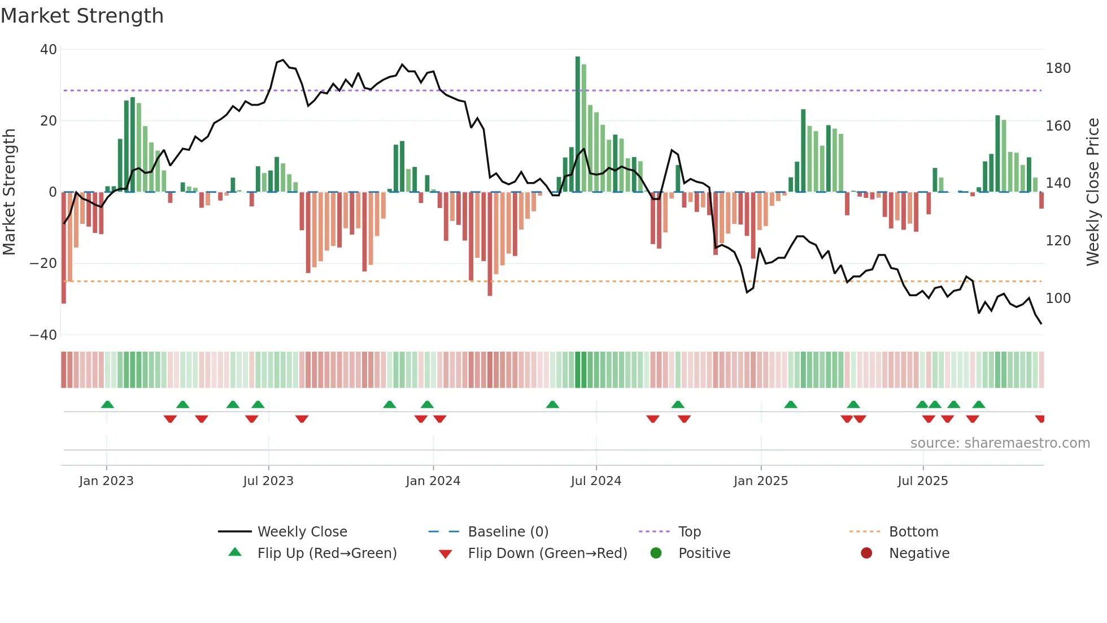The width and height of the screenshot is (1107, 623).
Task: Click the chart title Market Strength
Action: tap(82, 16)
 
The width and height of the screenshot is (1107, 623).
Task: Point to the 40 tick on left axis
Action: tap(49, 50)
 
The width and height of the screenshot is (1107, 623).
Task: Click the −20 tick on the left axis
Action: tap(43, 263)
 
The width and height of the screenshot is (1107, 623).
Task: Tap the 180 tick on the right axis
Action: tap(1058, 68)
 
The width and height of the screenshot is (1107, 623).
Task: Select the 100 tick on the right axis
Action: tap(1058, 298)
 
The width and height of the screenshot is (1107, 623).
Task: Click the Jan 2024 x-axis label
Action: tap(433, 481)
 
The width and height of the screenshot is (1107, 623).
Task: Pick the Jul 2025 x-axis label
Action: tap(922, 481)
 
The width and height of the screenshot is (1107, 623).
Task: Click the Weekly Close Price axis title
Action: tap(1093, 192)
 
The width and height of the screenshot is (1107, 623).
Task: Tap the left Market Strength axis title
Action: tap(9, 192)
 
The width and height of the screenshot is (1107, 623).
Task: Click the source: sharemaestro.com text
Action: tap(1000, 443)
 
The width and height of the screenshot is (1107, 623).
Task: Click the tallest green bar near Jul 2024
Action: tap(578, 124)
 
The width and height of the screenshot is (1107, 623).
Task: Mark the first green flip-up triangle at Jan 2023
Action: tap(107, 404)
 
